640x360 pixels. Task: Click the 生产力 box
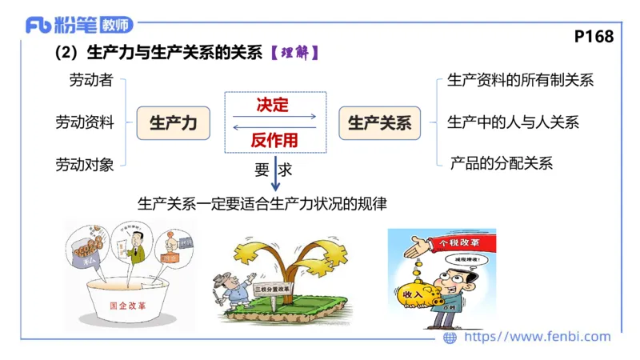(x=174, y=123)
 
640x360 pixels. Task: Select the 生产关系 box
(x=379, y=123)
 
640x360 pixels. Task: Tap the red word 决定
(x=272, y=105)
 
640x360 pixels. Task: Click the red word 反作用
(x=274, y=140)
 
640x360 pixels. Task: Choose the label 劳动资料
(x=84, y=122)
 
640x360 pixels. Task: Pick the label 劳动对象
(x=84, y=165)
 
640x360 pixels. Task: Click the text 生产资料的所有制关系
(x=520, y=80)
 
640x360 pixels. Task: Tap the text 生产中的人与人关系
(x=513, y=122)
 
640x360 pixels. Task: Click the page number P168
(x=594, y=37)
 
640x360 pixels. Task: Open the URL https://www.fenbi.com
(x=537, y=337)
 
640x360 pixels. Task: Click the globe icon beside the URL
(x=450, y=338)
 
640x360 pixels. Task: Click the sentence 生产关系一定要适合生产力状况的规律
(x=262, y=204)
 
